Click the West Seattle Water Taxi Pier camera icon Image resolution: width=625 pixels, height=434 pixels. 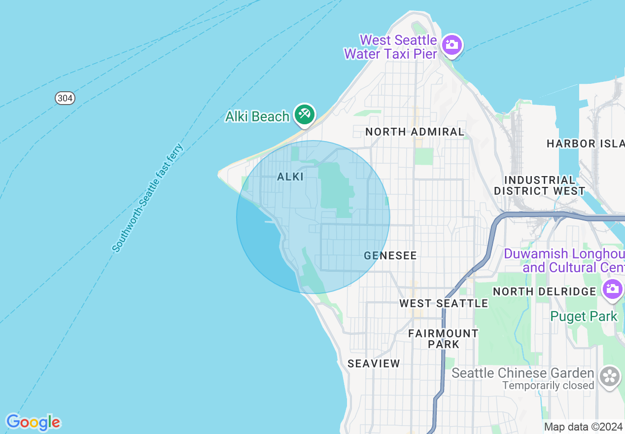tap(451, 45)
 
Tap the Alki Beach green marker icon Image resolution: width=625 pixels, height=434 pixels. tap(304, 115)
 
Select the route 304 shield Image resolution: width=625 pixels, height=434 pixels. tap(65, 98)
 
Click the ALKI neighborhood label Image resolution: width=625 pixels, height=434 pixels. tap(290, 177)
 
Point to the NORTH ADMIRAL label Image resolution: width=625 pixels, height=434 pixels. tap(415, 132)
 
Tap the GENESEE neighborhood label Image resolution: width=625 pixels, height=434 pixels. tap(390, 255)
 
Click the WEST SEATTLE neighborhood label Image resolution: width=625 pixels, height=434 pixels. tap(444, 303)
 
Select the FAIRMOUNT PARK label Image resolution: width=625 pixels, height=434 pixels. tap(443, 339)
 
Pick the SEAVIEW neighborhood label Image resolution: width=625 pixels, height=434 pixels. tap(374, 364)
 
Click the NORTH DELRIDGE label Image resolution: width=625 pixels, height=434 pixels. tap(545, 291)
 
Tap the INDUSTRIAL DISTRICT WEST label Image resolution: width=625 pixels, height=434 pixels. tap(540, 185)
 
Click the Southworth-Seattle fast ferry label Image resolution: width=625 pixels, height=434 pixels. tap(148, 198)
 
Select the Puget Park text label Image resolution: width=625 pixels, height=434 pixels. tap(584, 316)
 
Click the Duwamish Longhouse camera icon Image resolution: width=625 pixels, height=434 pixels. tap(612, 289)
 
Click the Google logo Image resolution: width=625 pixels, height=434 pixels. tap(33, 422)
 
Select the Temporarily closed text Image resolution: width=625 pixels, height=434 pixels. tap(548, 385)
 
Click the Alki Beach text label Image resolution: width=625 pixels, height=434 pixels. tap(257, 116)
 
